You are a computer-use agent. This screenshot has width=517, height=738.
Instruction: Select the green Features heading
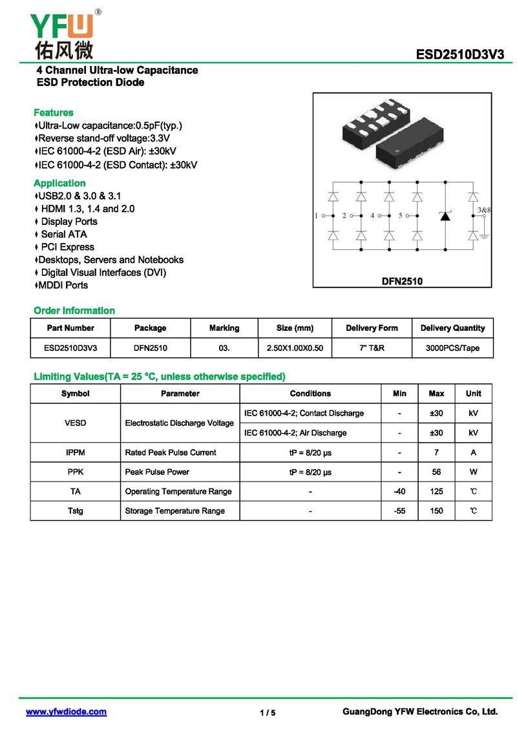pyautogui.click(x=53, y=112)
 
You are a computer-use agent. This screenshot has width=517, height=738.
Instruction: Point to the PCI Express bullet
pyautogui.click(x=67, y=247)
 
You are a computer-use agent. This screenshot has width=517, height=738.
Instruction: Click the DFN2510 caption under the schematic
pyautogui.click(x=402, y=281)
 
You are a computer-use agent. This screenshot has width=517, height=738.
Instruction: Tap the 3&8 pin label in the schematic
pyautogui.click(x=484, y=210)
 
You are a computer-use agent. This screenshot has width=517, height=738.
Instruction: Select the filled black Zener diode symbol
pyautogui.click(x=445, y=216)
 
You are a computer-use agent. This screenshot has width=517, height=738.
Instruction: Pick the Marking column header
pyautogui.click(x=224, y=328)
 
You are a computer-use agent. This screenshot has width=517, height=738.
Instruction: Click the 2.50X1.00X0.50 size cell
pyautogui.click(x=295, y=348)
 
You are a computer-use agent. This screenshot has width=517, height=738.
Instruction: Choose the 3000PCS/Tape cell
pyautogui.click(x=452, y=348)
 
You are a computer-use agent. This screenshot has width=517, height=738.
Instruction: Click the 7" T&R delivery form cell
pyautogui.click(x=372, y=348)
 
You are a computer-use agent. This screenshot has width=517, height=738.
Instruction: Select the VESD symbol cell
pyautogui.click(x=75, y=423)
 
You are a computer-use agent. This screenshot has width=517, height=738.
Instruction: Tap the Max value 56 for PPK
pyautogui.click(x=436, y=472)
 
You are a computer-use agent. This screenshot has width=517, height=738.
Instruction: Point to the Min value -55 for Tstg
pyautogui.click(x=399, y=511)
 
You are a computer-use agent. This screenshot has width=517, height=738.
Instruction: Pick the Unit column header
pyautogui.click(x=473, y=394)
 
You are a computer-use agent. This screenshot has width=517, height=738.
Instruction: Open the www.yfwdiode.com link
pyautogui.click(x=66, y=712)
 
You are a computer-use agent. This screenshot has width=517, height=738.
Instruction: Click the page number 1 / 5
pyautogui.click(x=268, y=713)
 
